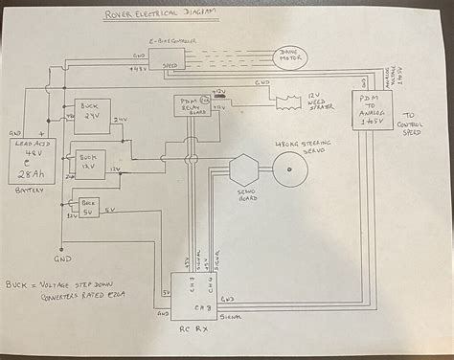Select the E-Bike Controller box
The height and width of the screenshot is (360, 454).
click(173, 58)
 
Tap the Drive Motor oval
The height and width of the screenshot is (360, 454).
click(290, 57)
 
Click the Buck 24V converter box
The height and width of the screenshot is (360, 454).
click(92, 116)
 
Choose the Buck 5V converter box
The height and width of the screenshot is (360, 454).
click(89, 205)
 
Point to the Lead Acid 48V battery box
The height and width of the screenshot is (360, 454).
click(33, 162)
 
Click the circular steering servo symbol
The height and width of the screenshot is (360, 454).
click(289, 170)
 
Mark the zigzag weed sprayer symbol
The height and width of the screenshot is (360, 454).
click(284, 101)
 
